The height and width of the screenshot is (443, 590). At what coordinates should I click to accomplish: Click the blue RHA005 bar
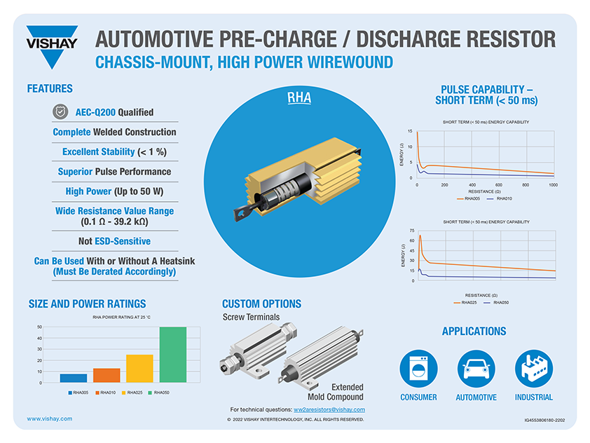73,378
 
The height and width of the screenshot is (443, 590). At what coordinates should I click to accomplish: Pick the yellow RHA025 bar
139,368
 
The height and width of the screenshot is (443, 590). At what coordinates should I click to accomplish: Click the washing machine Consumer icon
418,368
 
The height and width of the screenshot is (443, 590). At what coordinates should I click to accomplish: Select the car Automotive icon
476,368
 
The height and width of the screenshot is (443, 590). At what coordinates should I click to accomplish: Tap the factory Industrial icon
533,368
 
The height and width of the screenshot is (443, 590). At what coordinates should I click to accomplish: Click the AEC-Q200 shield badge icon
60,112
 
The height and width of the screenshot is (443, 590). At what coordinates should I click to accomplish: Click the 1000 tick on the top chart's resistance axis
554,184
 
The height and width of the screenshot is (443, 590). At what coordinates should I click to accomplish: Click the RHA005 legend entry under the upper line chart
473,198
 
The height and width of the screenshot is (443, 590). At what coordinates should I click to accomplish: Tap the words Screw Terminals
251,317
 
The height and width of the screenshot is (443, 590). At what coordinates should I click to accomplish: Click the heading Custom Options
261,304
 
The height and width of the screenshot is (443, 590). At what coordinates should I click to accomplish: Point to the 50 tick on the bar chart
39,327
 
